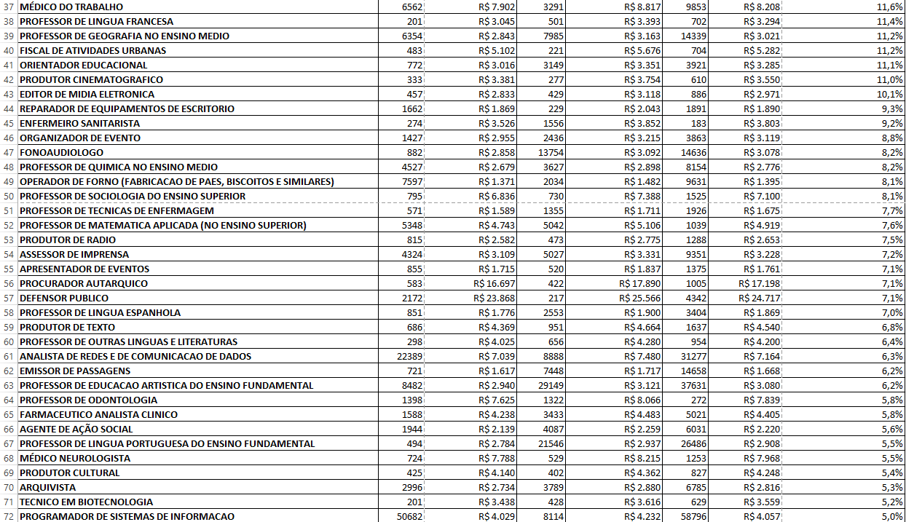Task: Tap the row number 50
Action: click(x=9, y=196)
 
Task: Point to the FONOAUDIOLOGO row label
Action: click(x=61, y=152)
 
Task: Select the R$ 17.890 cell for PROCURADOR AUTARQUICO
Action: click(x=639, y=283)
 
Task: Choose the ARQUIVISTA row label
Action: click(x=47, y=487)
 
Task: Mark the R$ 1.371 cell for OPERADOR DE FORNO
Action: click(x=497, y=181)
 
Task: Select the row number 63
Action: click(x=9, y=385)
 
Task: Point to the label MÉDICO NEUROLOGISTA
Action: click(x=75, y=458)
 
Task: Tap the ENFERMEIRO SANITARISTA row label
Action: click(x=79, y=123)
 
